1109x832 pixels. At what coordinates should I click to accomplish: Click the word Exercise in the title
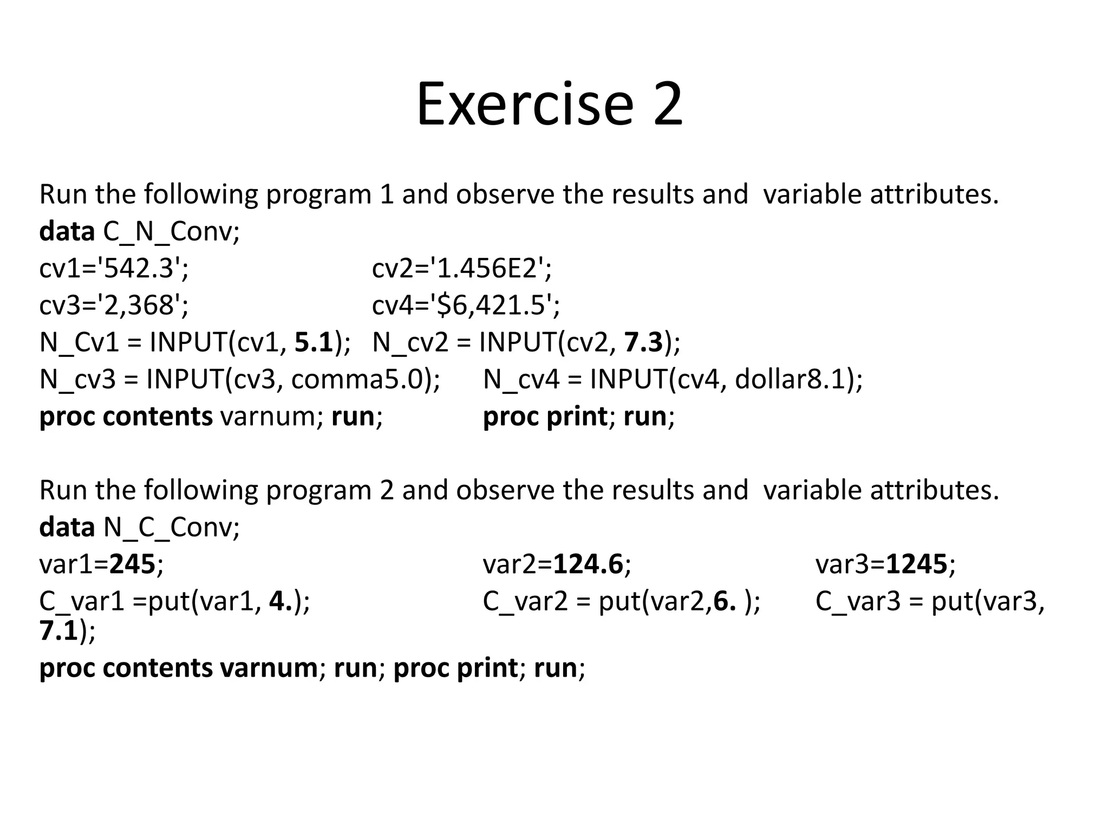point(524,104)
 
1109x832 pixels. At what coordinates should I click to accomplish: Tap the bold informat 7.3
point(643,342)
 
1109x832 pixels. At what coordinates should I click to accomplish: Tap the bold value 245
point(133,564)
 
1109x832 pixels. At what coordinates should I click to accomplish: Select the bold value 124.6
point(588,564)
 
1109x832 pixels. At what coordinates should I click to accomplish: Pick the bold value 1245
point(916,564)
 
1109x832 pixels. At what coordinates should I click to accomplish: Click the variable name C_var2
point(525,601)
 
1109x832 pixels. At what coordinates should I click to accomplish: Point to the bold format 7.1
point(58,631)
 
